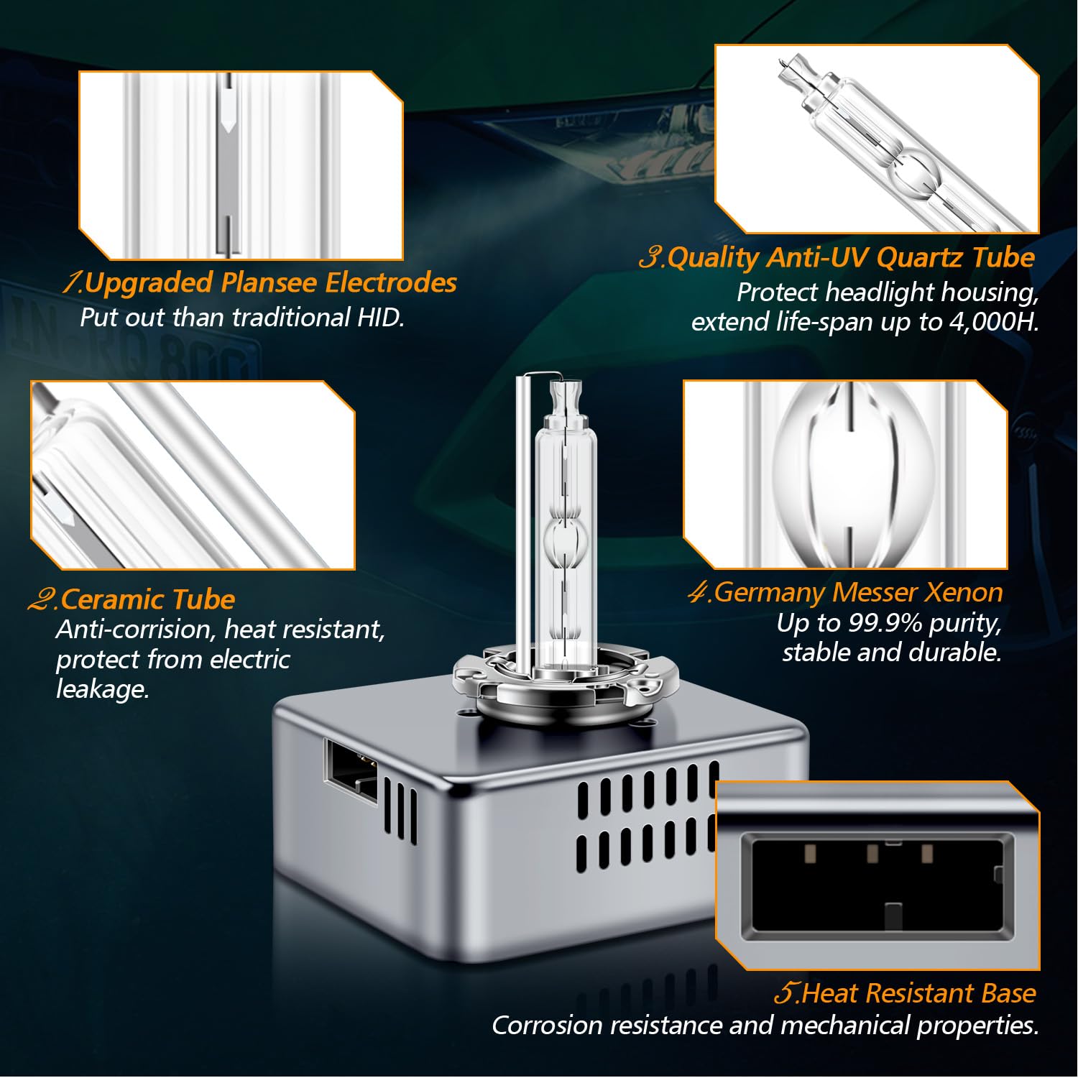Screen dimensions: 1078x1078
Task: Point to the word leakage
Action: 102,690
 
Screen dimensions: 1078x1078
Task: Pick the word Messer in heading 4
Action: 874,592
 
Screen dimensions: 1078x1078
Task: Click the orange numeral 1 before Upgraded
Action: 72,282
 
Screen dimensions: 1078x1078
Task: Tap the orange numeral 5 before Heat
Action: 786,993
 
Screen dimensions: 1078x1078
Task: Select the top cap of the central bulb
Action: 565,396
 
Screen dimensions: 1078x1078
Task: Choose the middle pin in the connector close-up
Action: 872,854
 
